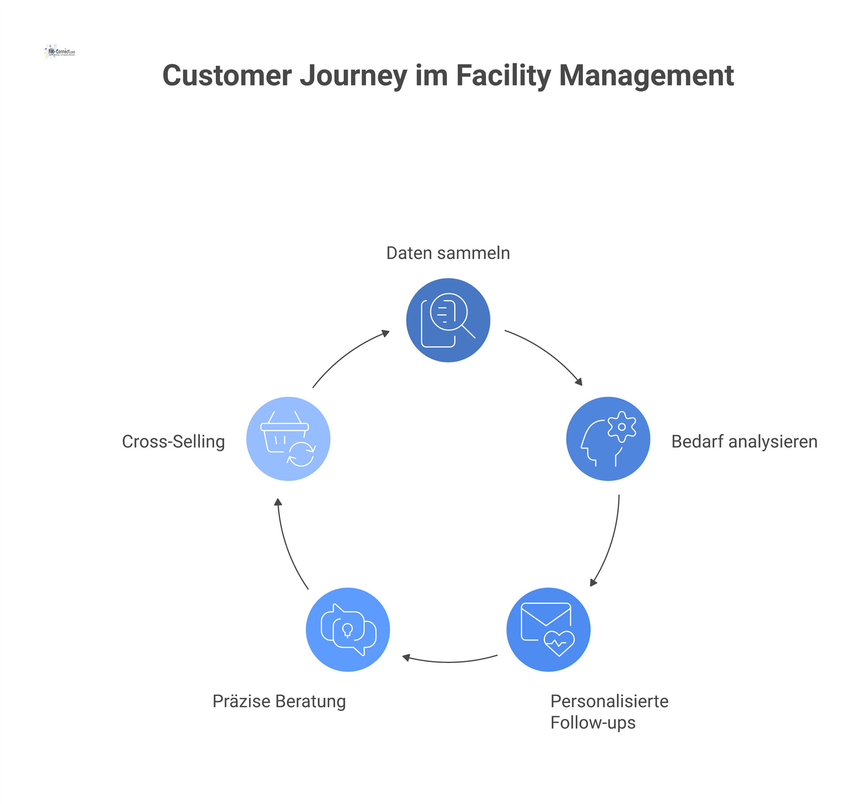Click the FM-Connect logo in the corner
(60, 52)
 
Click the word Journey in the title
(353, 76)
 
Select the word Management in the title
(646, 76)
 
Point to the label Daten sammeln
(448, 253)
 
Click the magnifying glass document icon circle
(448, 320)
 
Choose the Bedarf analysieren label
(744, 441)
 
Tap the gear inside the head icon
(622, 427)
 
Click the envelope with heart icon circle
(548, 629)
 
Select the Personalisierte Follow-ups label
(609, 712)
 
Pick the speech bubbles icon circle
(348, 629)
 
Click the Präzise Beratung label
(279, 701)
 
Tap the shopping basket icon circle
(288, 439)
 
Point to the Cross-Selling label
(173, 441)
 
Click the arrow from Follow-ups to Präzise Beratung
(449, 662)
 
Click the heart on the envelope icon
(559, 643)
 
